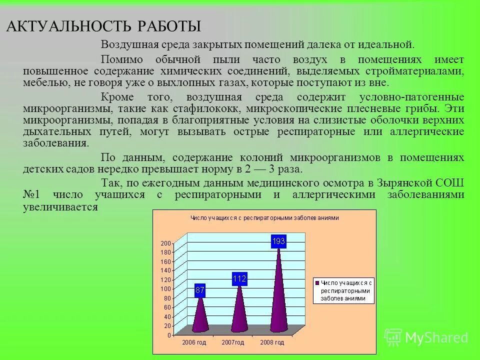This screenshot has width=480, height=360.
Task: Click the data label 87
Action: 200,289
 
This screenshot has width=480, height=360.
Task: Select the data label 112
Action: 239,279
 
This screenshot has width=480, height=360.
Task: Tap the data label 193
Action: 278,241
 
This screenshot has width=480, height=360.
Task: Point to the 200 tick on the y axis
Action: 165,243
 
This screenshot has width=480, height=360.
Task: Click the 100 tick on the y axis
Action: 165,289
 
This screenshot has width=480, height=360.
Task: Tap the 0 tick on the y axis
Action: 168,334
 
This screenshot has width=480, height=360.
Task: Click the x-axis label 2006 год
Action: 193,342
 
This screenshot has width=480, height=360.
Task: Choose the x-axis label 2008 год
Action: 272,342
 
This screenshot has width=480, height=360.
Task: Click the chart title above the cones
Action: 264,217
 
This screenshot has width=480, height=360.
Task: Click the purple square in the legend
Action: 316,282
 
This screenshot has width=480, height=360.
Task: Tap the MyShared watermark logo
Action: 426,337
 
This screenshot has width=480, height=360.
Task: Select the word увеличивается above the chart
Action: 60,206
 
